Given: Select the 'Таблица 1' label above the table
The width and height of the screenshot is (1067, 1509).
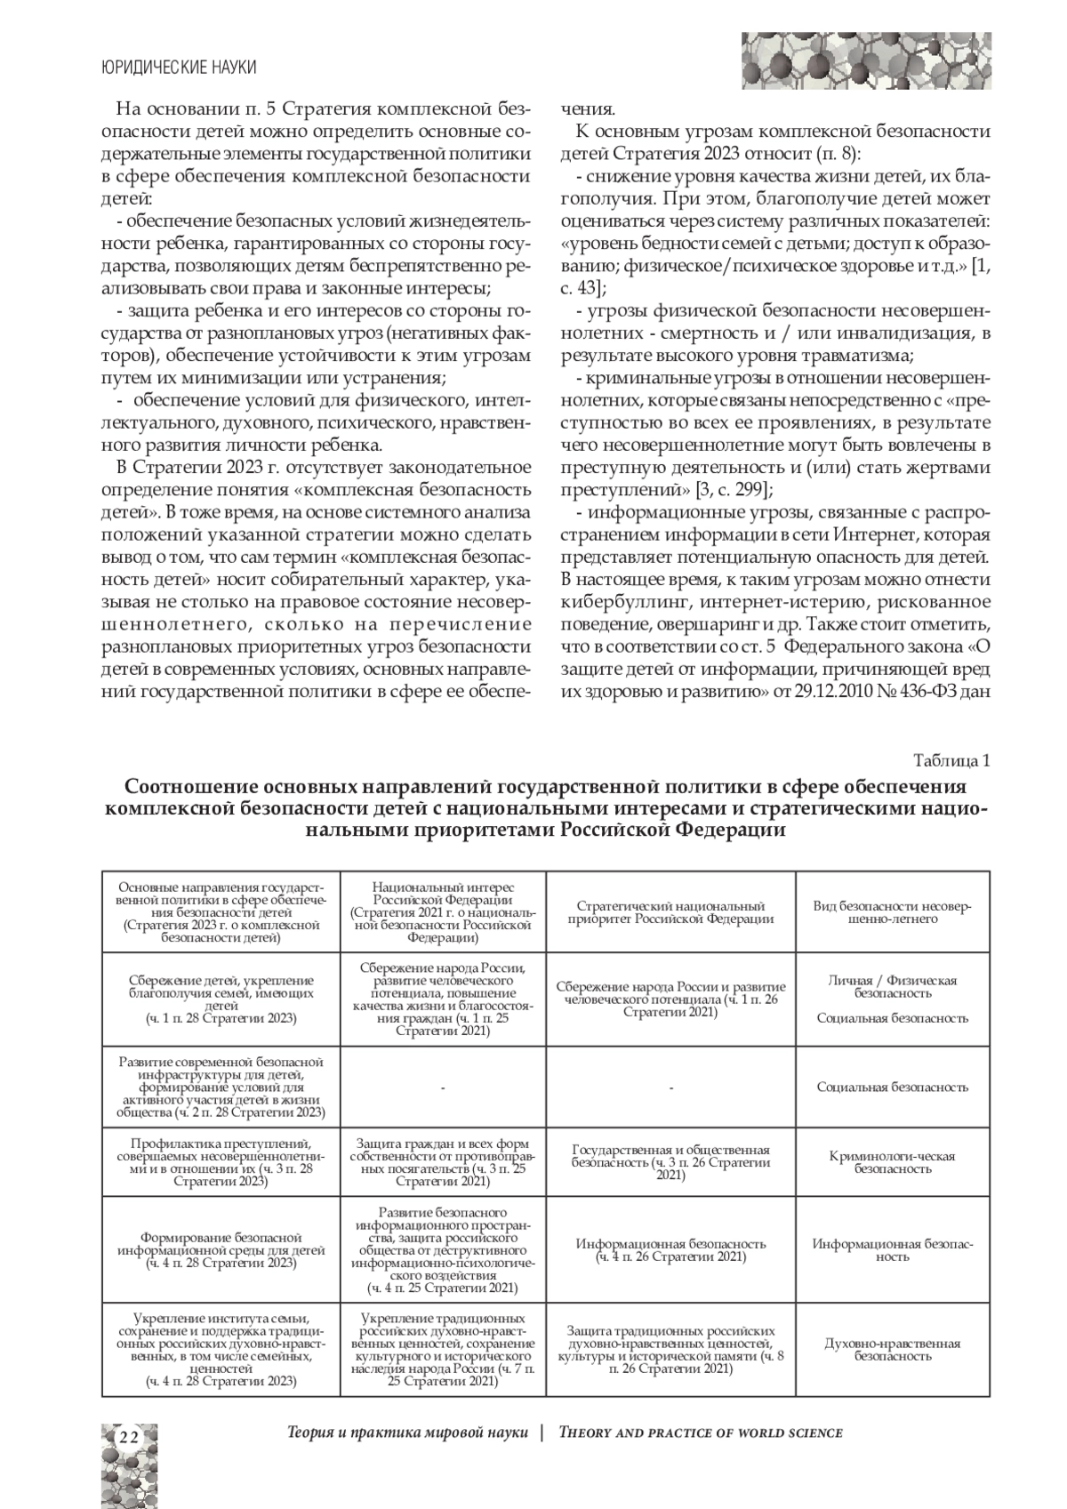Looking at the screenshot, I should pyautogui.click(x=951, y=761).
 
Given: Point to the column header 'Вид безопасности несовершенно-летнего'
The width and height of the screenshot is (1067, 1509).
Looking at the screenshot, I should pyautogui.click(x=892, y=912).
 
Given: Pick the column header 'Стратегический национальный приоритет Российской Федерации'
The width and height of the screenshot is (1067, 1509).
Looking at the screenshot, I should pyautogui.click(x=670, y=912).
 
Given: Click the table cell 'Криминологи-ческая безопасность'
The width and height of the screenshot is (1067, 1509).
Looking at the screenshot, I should pyautogui.click(x=892, y=1162).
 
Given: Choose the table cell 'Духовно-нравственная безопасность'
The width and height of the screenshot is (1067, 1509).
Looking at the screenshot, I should pyautogui.click(x=892, y=1350).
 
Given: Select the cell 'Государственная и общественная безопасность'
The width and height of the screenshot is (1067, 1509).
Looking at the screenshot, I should pyautogui.click(x=670, y=1162).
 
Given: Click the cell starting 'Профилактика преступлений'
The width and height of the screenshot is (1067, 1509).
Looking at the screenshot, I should pyautogui.click(x=221, y=1162).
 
